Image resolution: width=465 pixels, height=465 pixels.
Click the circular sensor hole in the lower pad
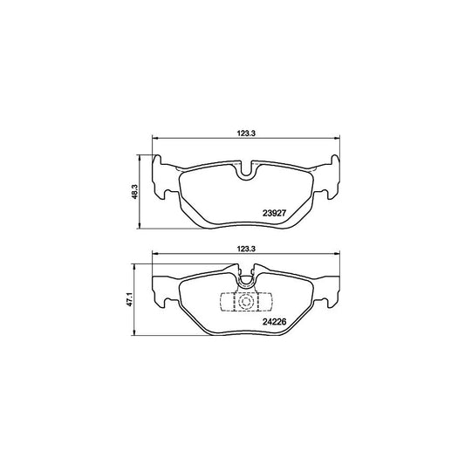pos(247,304)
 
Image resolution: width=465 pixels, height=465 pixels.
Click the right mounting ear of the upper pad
pos(332,179)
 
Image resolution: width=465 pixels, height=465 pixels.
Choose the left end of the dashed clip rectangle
pos(224,304)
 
